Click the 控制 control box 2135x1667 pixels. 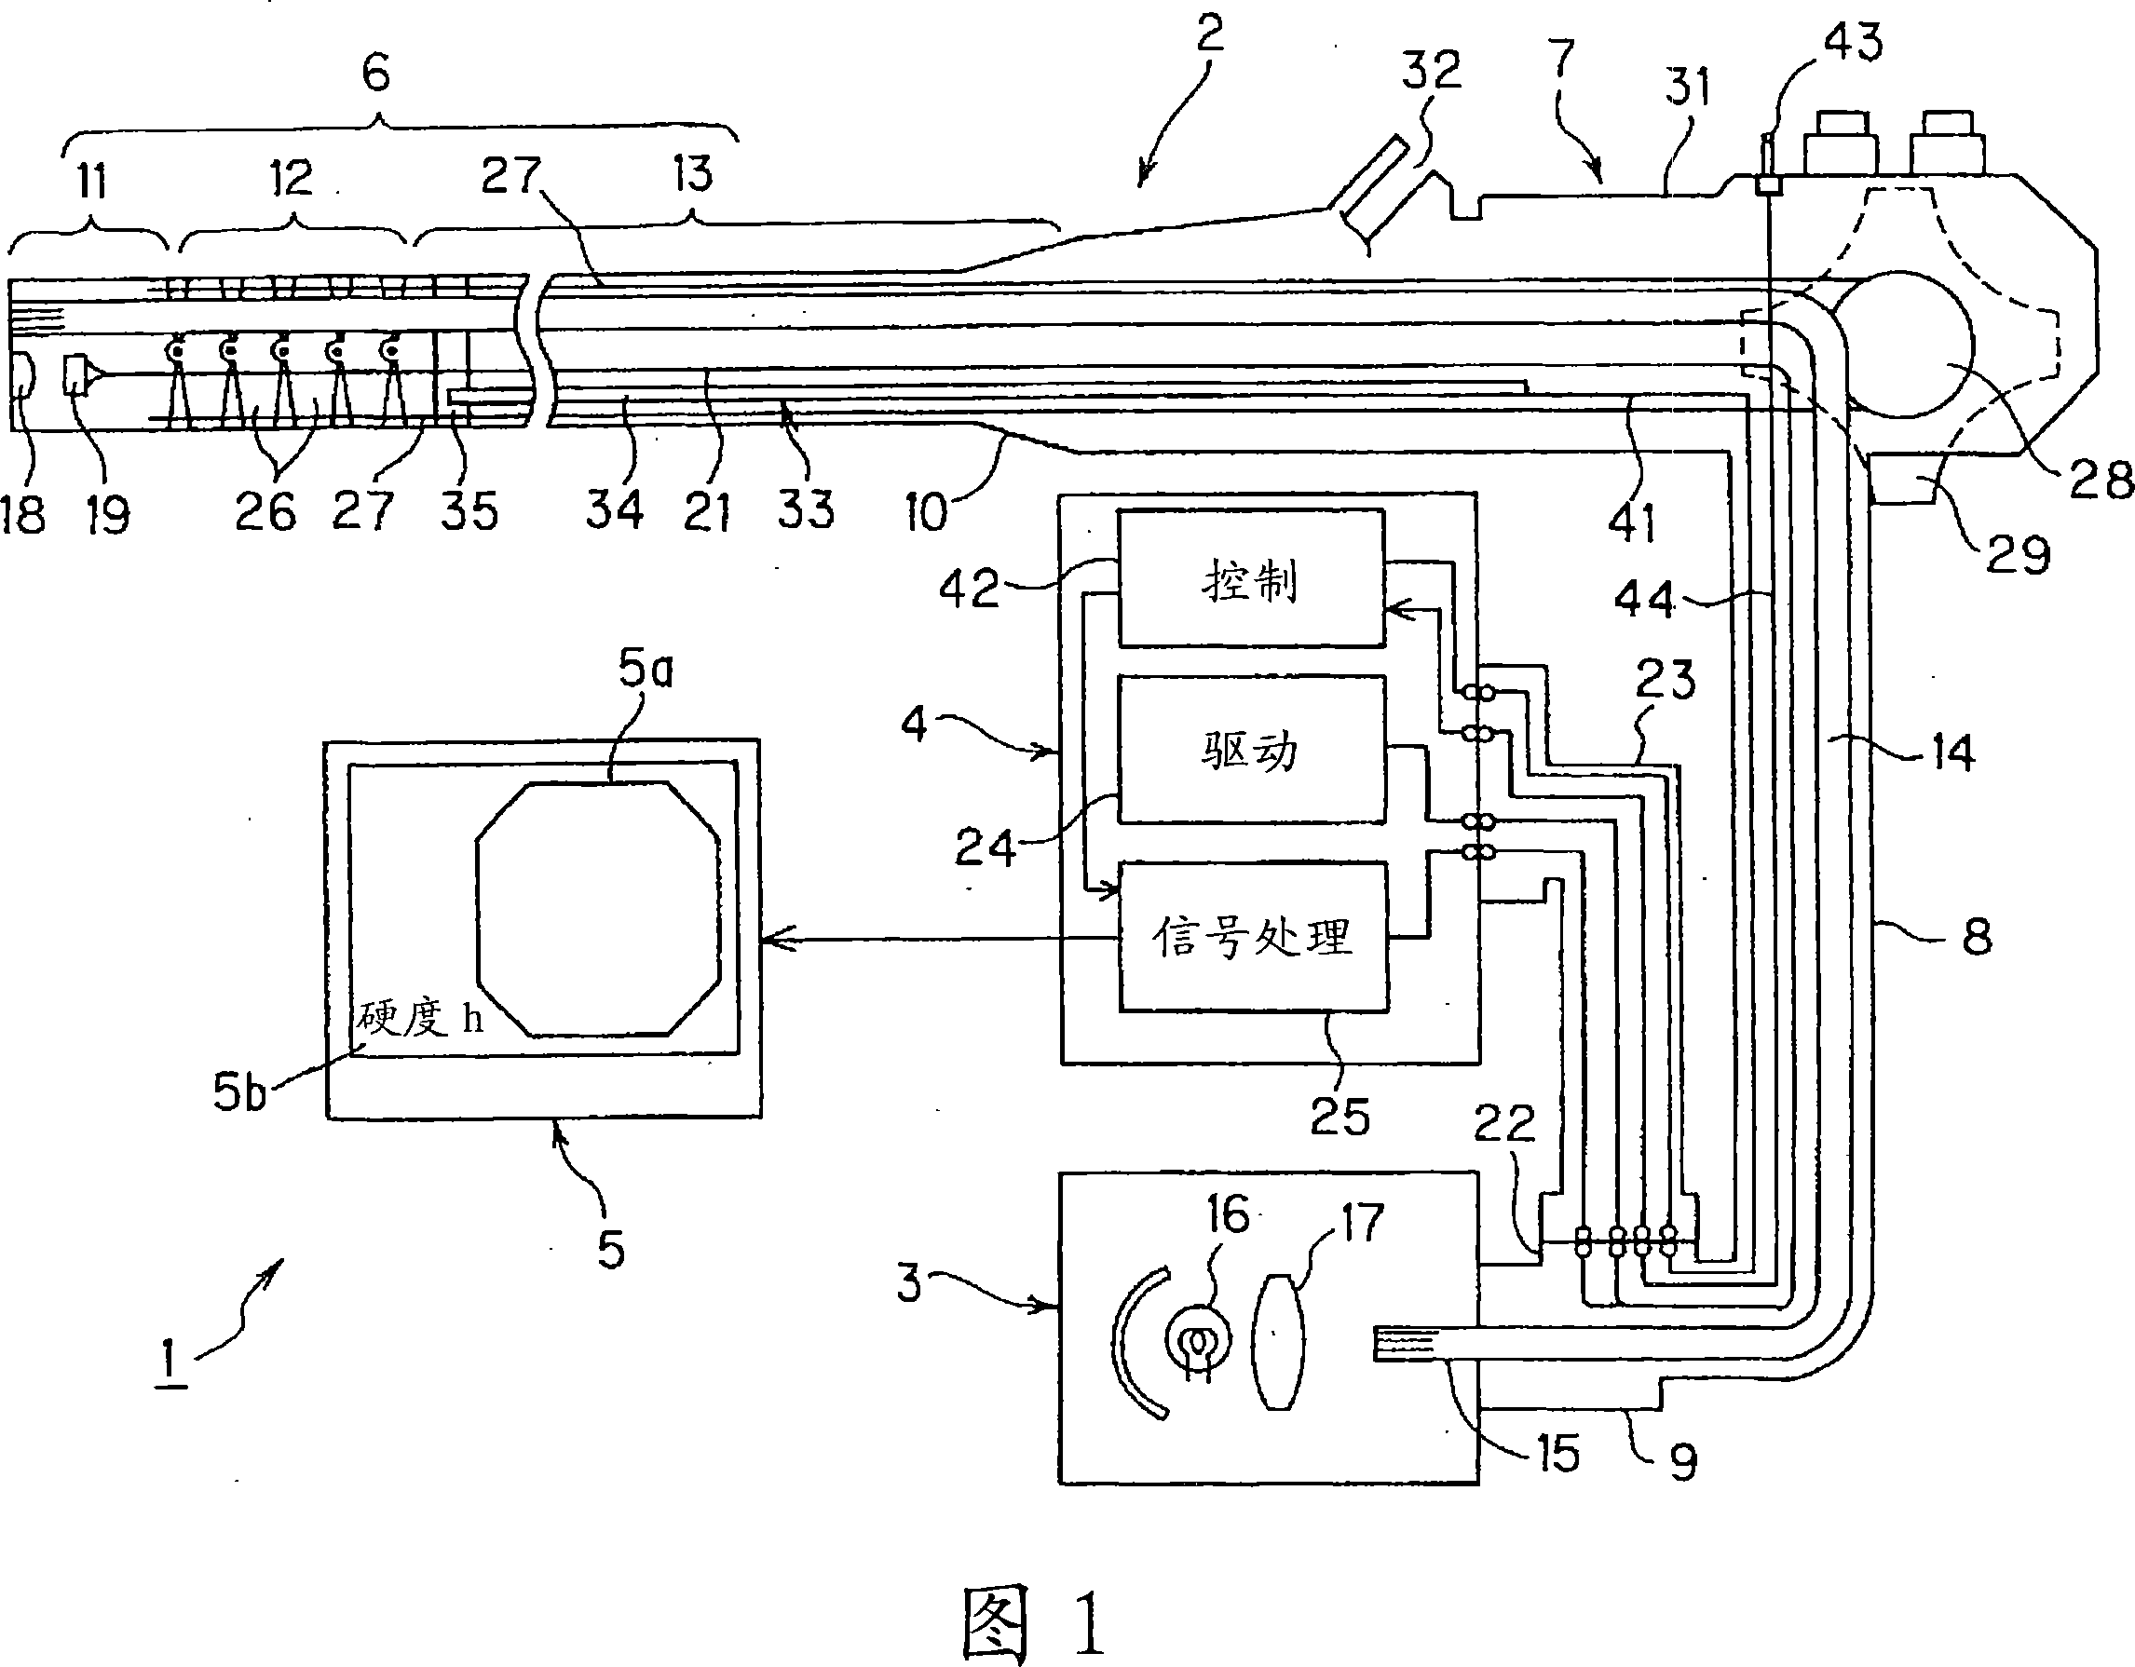click(x=1251, y=577)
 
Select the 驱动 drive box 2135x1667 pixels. click(x=1251, y=749)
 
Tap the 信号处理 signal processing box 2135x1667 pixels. click(x=1253, y=936)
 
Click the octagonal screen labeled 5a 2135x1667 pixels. click(x=598, y=909)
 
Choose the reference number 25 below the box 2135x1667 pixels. click(x=1340, y=1117)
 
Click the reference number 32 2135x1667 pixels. click(x=1431, y=71)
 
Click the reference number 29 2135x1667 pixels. click(x=2018, y=555)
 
